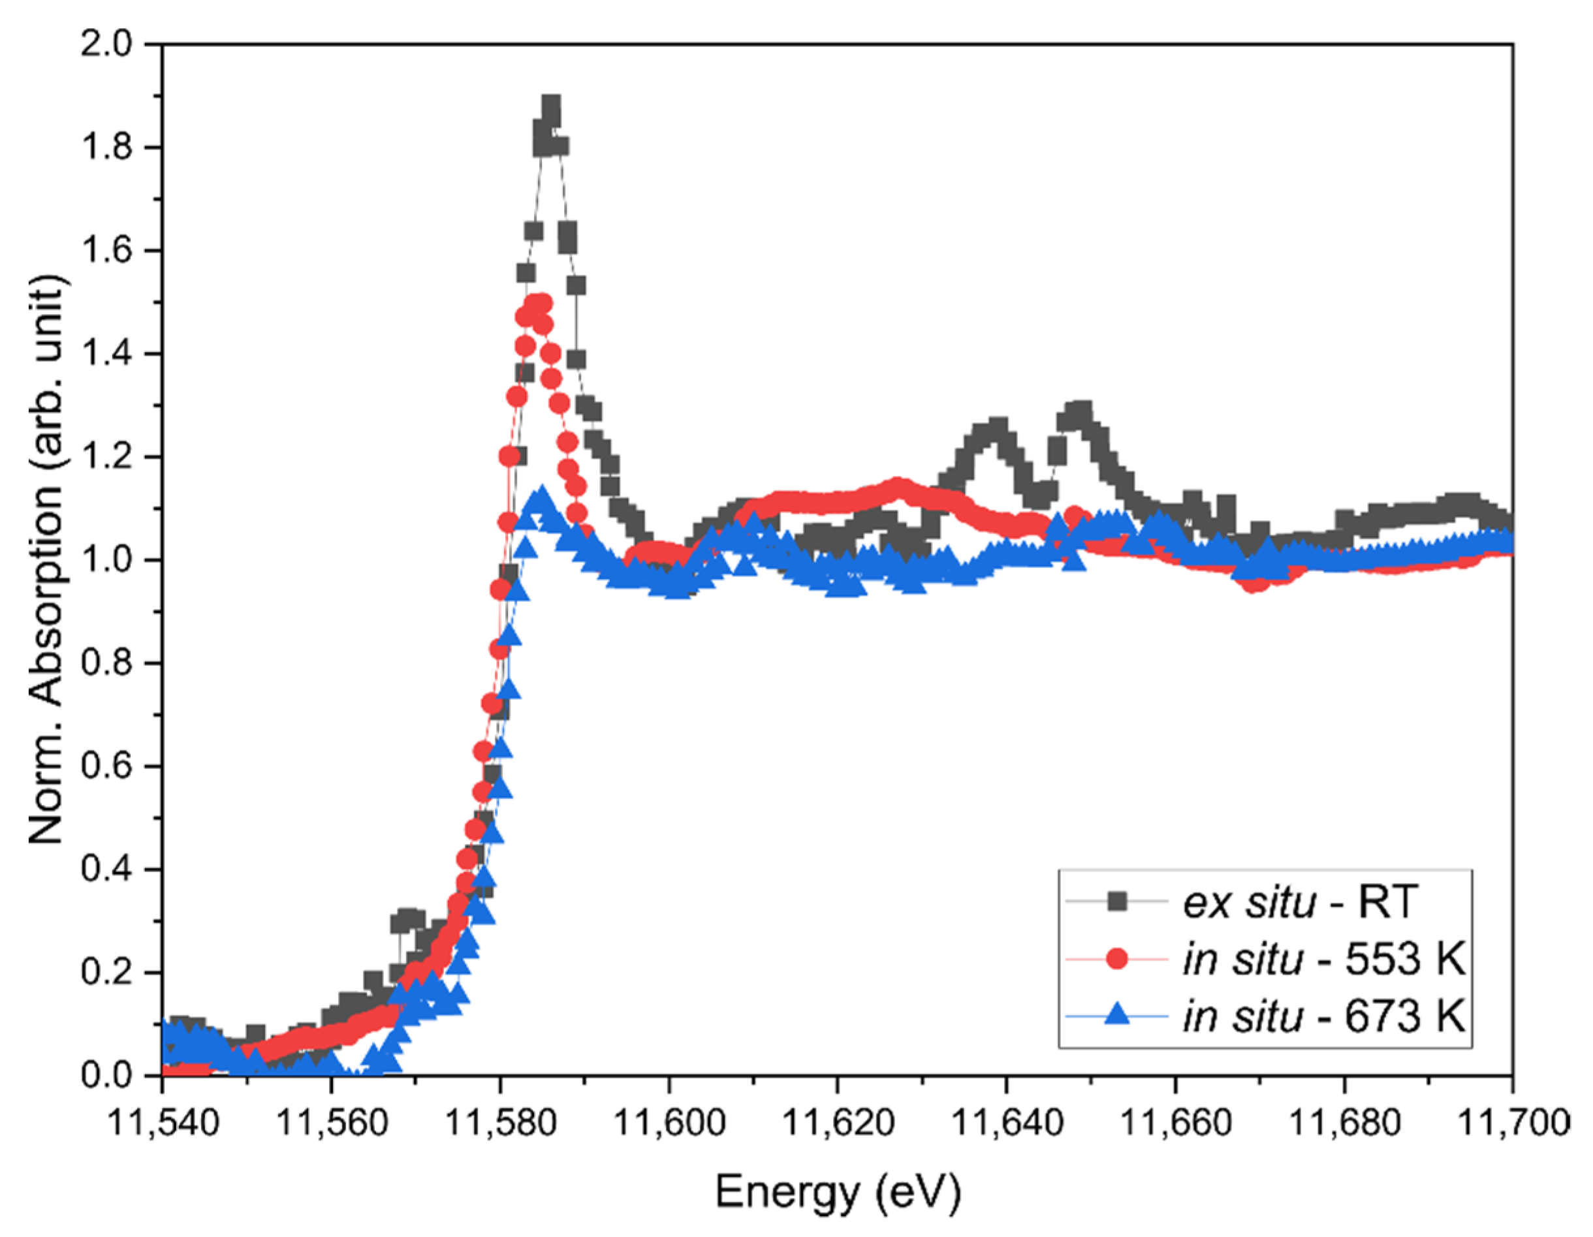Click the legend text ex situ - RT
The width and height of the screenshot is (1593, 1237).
click(1299, 902)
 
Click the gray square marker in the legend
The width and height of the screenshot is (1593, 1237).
click(1116, 902)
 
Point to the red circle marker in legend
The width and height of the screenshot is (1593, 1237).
click(1116, 959)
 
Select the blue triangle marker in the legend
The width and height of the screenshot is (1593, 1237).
click(1116, 1015)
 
